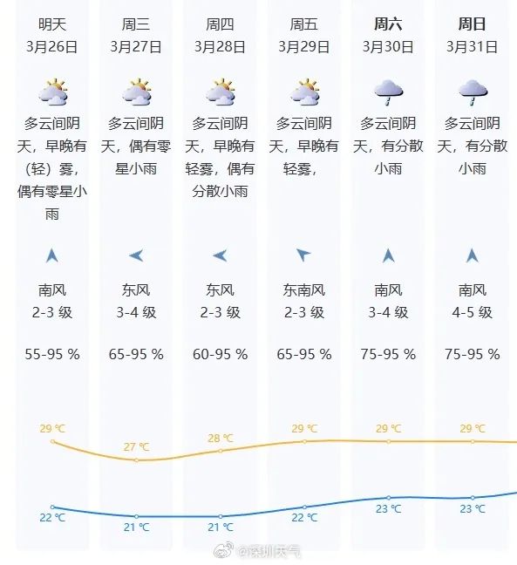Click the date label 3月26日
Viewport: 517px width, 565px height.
(52, 45)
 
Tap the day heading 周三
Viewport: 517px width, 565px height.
(136, 24)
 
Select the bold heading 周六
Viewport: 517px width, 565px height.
(388, 24)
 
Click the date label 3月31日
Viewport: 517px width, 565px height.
(472, 45)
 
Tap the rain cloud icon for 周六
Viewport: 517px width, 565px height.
(388, 90)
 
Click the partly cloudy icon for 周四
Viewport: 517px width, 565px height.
(221, 92)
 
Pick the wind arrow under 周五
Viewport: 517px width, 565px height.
(303, 255)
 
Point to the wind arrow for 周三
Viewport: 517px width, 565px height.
(136, 255)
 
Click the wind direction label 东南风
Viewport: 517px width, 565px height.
(304, 290)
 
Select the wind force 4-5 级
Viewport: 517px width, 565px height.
(472, 312)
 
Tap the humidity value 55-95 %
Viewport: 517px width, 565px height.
(52, 354)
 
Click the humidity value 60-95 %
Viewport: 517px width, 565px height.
(221, 354)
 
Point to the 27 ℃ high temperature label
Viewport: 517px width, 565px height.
(137, 447)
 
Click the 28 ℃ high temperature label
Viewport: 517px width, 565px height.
(221, 438)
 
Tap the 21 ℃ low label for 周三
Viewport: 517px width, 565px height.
(137, 527)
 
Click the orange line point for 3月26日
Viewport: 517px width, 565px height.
(53, 442)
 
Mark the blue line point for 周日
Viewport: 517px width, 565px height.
(473, 497)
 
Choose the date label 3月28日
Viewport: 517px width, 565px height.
(221, 45)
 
